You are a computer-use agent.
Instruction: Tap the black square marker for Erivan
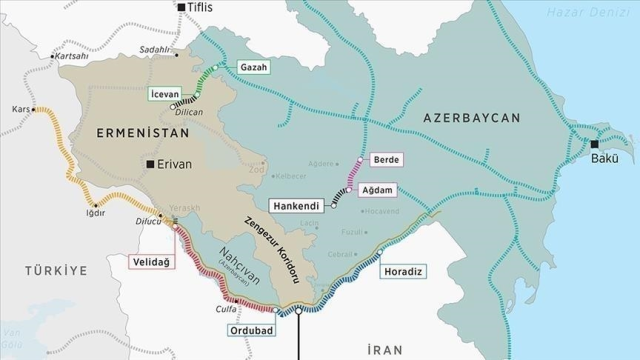149,164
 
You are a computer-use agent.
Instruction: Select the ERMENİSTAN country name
137,132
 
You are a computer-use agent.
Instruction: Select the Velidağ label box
151,262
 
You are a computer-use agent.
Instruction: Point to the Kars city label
18,108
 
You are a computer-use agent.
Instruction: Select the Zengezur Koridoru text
275,246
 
